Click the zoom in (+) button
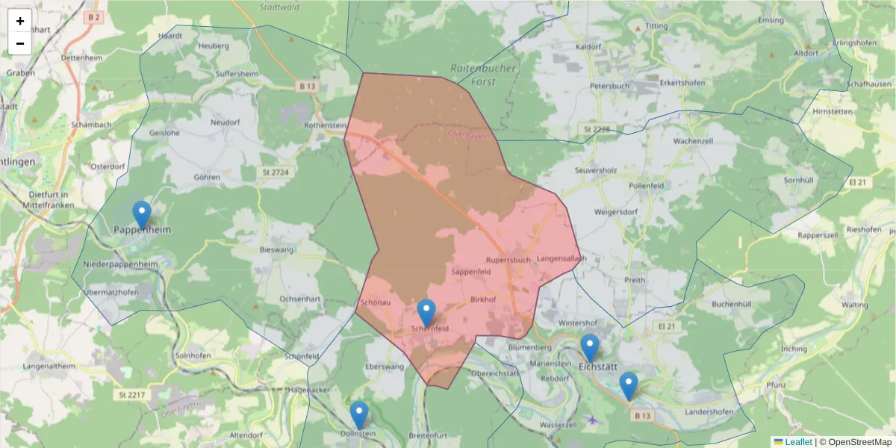(x=20, y=21)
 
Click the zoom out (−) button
(x=20, y=43)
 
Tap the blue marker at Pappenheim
(x=141, y=215)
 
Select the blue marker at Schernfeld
(x=426, y=313)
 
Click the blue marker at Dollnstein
(x=359, y=415)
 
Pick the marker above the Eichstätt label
(x=590, y=348)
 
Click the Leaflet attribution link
(x=798, y=442)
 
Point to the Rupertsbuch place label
(x=508, y=260)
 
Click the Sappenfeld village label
(x=470, y=273)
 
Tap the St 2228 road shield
(x=597, y=130)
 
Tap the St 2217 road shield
(x=131, y=393)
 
